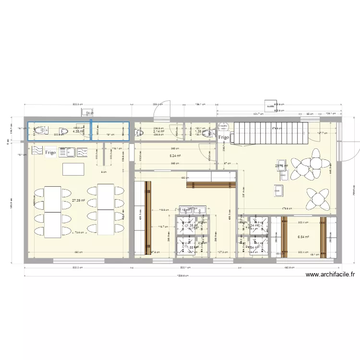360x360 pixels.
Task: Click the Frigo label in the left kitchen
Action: tap(50, 153)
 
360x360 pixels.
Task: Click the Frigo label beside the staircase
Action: tap(224, 138)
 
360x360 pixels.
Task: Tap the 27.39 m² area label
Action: tap(78, 201)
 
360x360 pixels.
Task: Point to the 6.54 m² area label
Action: tap(303, 237)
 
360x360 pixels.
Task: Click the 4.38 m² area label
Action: tap(78, 131)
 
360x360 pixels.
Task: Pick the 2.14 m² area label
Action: tap(159, 131)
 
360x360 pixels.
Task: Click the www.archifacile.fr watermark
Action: tap(330, 275)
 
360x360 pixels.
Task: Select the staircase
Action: tap(268, 132)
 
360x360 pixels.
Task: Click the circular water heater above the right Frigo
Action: tap(222, 127)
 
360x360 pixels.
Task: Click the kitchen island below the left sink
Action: tap(73, 169)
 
